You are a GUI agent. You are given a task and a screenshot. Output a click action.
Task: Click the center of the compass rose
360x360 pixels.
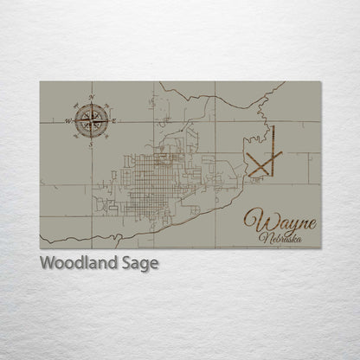tap(92, 120)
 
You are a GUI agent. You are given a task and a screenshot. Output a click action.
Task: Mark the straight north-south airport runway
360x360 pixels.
tap(271, 142)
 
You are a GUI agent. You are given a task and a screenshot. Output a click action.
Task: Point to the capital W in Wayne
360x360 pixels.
tap(253, 220)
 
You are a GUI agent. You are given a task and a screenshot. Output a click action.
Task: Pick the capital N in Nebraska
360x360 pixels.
tap(264, 235)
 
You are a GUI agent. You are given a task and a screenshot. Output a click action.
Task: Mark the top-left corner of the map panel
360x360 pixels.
tap(40, 81)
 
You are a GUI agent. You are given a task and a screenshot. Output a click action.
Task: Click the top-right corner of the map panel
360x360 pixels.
tap(320, 81)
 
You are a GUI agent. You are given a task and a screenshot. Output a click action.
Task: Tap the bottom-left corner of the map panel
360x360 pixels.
tap(40, 248)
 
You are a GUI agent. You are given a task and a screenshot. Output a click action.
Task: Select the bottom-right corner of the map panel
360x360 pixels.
tap(320, 248)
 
